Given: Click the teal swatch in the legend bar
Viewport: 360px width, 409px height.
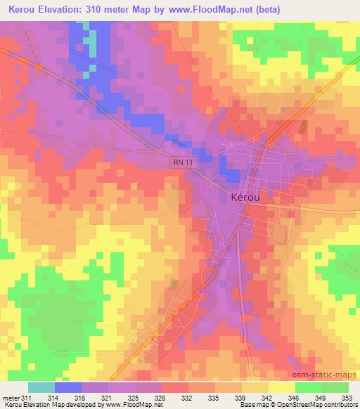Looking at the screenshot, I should [x=41, y=387].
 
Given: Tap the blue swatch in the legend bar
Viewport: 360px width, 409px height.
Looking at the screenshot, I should [x=67, y=387].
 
